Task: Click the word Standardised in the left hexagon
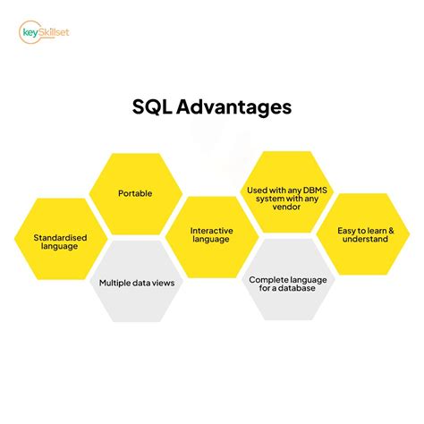59,237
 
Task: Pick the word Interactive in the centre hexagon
211,230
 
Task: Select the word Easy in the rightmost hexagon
346,231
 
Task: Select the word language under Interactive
212,242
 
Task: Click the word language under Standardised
59,247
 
